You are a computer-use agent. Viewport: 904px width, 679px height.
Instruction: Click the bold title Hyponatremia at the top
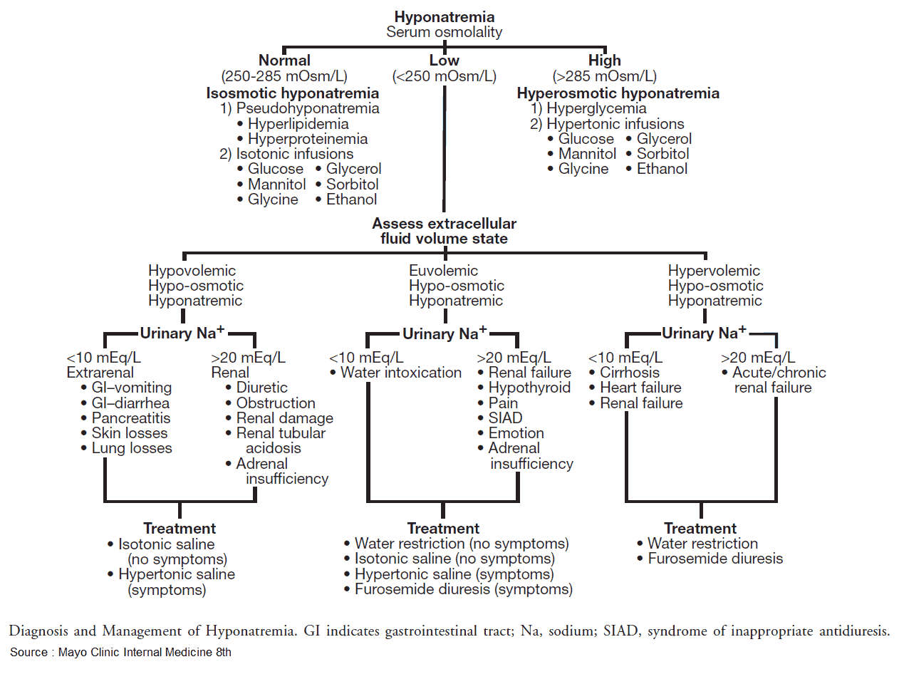pyautogui.click(x=444, y=16)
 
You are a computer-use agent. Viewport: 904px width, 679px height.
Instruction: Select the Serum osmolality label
pyautogui.click(x=444, y=32)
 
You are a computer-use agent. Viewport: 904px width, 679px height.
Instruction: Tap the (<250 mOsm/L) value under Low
pyautogui.click(x=444, y=76)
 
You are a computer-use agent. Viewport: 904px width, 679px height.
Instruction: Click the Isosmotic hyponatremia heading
pyautogui.click(x=292, y=93)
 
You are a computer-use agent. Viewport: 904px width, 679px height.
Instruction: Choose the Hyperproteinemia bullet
pyautogui.click(x=307, y=139)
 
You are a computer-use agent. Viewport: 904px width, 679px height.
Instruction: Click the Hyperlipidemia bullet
pyautogui.click(x=298, y=124)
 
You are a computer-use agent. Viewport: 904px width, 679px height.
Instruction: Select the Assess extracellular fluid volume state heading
pyautogui.click(x=444, y=231)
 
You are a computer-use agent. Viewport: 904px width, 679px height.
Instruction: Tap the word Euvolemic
pyautogui.click(x=443, y=271)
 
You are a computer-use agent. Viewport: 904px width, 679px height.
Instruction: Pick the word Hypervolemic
pyautogui.click(x=714, y=271)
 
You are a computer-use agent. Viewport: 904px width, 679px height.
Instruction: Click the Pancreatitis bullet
pyautogui.click(x=130, y=418)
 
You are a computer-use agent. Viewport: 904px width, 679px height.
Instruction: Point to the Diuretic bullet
pyautogui.click(x=261, y=388)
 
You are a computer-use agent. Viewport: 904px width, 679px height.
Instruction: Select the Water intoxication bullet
pyautogui.click(x=400, y=373)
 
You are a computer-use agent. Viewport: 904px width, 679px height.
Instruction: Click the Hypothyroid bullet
pyautogui.click(x=529, y=388)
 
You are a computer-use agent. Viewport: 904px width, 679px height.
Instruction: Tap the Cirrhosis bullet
pyautogui.click(x=629, y=373)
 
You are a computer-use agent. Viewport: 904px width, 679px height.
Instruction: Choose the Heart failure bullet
pyautogui.click(x=640, y=388)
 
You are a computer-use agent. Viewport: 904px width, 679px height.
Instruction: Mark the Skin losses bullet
pyautogui.click(x=129, y=433)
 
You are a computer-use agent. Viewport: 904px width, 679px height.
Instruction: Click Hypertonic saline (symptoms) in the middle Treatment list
pyautogui.click(x=454, y=574)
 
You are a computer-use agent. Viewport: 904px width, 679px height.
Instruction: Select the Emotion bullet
pyautogui.click(x=516, y=433)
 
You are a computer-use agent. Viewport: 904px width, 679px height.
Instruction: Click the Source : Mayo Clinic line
pyautogui.click(x=120, y=652)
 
